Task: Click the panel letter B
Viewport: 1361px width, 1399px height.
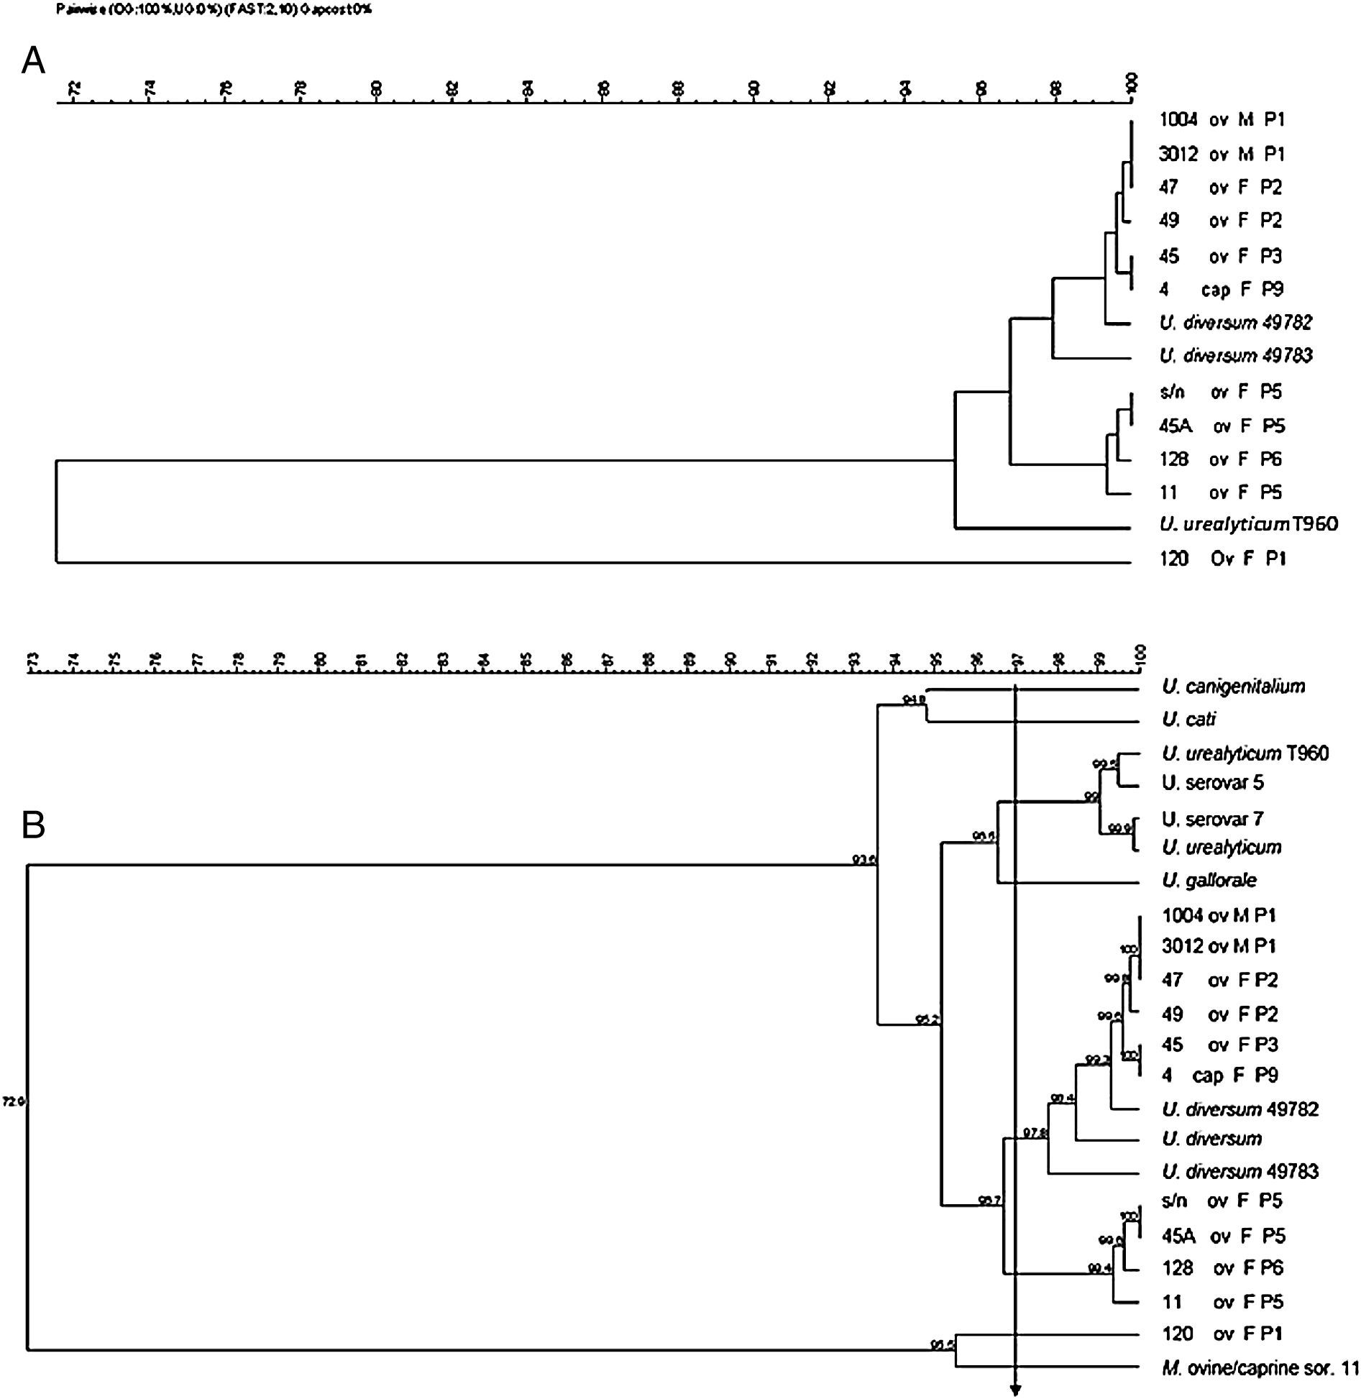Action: [33, 826]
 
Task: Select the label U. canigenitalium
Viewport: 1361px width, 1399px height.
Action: [1232, 687]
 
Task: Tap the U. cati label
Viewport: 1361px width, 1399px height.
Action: [1188, 720]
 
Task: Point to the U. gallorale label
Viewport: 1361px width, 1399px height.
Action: [1209, 881]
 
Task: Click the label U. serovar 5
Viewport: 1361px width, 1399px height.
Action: [1212, 783]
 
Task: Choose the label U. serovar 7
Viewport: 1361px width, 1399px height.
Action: [1212, 819]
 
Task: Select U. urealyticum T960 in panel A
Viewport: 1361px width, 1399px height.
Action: [1248, 524]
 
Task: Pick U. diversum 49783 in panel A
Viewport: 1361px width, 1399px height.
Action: [1236, 355]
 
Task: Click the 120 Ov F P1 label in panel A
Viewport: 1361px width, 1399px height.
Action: [1222, 559]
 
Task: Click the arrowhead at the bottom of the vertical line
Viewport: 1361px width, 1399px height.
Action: [1015, 1390]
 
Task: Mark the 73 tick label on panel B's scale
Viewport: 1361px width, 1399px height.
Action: [31, 660]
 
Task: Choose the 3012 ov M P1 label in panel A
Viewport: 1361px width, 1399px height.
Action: [1221, 154]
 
